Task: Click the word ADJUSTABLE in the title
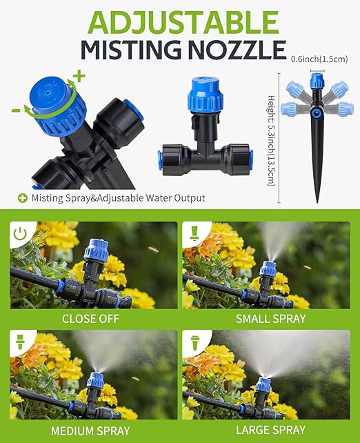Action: pos(180,21)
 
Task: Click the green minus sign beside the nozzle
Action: pos(15,110)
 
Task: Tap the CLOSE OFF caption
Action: pos(90,319)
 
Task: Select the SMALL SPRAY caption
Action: pos(270,319)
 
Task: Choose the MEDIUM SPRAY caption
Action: pos(90,431)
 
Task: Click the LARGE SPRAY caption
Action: pos(270,431)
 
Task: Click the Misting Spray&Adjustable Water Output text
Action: pos(117,198)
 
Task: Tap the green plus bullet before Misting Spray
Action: pos(23,198)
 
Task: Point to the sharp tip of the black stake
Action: pos(318,201)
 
